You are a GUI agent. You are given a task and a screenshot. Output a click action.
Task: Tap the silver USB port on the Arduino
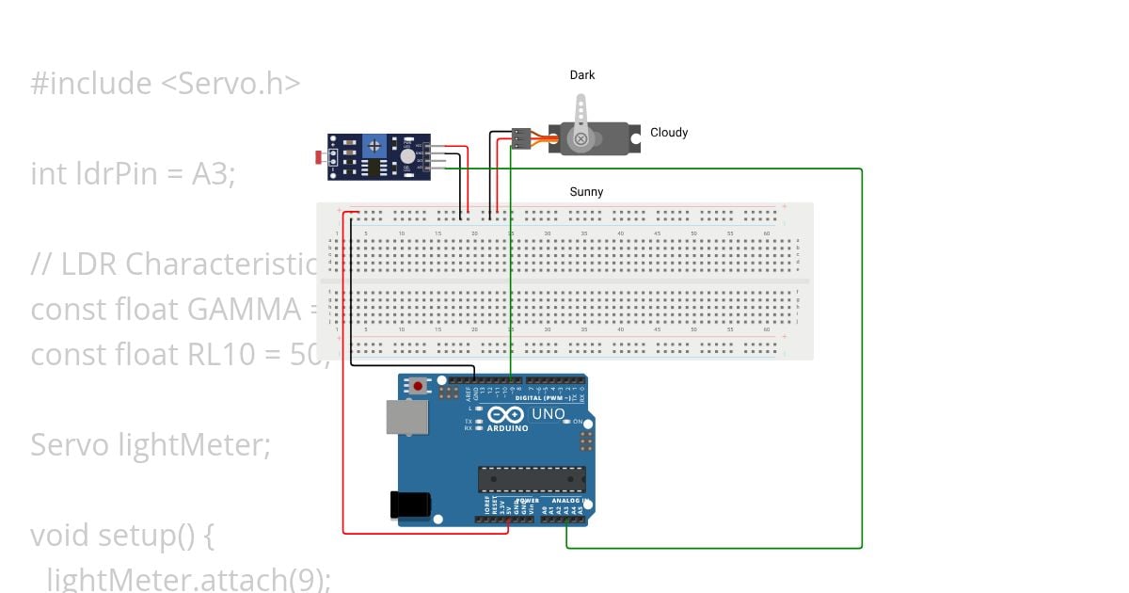(x=404, y=417)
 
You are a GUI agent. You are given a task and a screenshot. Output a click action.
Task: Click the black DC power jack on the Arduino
(x=410, y=505)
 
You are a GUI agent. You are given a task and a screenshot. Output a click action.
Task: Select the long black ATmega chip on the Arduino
(x=531, y=479)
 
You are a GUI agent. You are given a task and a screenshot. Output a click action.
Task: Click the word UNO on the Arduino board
(x=549, y=414)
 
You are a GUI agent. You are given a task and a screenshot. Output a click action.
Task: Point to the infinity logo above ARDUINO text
(x=505, y=415)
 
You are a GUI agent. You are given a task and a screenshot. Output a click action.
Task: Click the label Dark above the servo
(x=582, y=75)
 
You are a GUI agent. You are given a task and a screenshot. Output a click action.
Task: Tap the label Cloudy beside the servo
(x=669, y=133)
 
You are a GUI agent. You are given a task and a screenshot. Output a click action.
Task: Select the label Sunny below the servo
(x=586, y=192)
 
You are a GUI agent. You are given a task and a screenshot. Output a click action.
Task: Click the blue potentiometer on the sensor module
(x=375, y=145)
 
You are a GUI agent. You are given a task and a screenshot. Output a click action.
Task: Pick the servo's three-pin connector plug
(x=520, y=138)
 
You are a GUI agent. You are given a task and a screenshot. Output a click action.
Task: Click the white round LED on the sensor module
(x=407, y=157)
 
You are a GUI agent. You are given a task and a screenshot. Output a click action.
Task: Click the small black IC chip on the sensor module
(x=375, y=168)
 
